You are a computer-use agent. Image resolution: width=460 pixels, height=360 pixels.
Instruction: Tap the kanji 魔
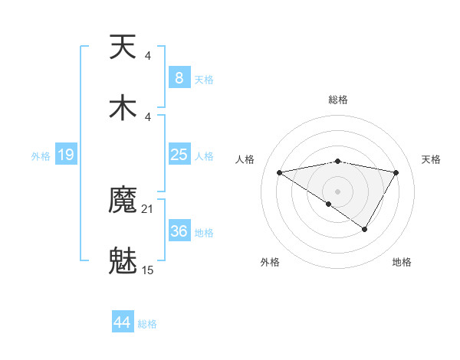[123, 201]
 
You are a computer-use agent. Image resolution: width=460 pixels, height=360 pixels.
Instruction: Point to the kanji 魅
[123, 261]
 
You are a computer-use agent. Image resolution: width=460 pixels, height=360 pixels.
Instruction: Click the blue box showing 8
[179, 77]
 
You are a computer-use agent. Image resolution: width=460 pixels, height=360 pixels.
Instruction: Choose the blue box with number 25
[179, 155]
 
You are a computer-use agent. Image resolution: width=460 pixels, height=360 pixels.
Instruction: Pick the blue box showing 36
[179, 231]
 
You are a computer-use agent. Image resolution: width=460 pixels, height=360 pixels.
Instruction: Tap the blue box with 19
[65, 155]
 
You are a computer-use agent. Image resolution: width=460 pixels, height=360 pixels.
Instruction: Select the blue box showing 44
[123, 322]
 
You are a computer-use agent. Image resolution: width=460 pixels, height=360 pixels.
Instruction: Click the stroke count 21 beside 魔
[148, 209]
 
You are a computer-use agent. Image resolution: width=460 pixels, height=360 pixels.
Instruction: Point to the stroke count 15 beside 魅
[148, 270]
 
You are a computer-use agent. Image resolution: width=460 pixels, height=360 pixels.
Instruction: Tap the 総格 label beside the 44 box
[147, 324]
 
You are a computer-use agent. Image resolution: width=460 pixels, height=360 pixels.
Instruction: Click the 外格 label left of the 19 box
[41, 155]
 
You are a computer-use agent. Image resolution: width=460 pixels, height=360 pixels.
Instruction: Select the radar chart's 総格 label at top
[338, 100]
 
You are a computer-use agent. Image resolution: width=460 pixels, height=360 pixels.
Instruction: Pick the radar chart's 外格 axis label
[270, 262]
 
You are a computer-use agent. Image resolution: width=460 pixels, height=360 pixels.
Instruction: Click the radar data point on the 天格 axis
[396, 172]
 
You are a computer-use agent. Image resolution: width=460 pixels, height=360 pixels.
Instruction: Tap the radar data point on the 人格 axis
[280, 172]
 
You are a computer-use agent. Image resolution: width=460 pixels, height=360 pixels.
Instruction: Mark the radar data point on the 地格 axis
[365, 229]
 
